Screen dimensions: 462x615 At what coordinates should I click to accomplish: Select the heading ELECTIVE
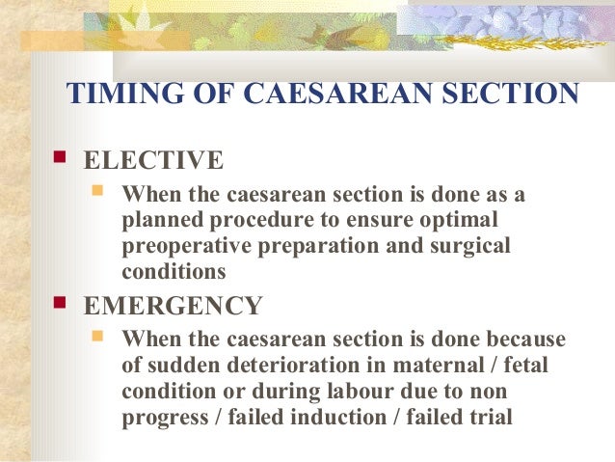coord(153,160)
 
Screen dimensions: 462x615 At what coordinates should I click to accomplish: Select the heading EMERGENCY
coord(173,306)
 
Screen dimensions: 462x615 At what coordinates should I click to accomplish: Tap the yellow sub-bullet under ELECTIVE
coord(97,191)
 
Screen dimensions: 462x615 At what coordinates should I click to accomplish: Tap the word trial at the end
coord(489,419)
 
